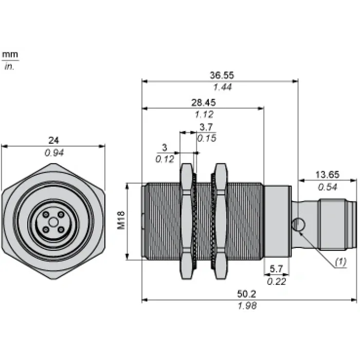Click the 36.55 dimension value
tap(222, 75)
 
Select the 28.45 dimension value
tap(204, 102)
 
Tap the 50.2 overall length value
tap(246, 294)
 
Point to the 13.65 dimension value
tap(327, 174)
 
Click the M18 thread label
tap(121, 220)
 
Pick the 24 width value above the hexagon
tap(53, 140)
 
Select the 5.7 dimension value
tap(276, 268)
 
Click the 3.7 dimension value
tap(206, 127)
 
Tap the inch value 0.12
tap(165, 159)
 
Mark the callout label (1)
tap(340, 261)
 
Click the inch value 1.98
tap(247, 306)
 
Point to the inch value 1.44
tap(222, 87)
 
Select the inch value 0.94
tap(54, 153)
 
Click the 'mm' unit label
tap(10, 55)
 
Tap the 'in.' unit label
tap(9, 66)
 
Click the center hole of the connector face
tap(53, 222)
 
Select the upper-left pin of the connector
tap(46, 214)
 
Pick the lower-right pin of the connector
tap(61, 229)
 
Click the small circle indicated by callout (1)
tap(298, 225)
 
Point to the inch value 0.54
tap(328, 187)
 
